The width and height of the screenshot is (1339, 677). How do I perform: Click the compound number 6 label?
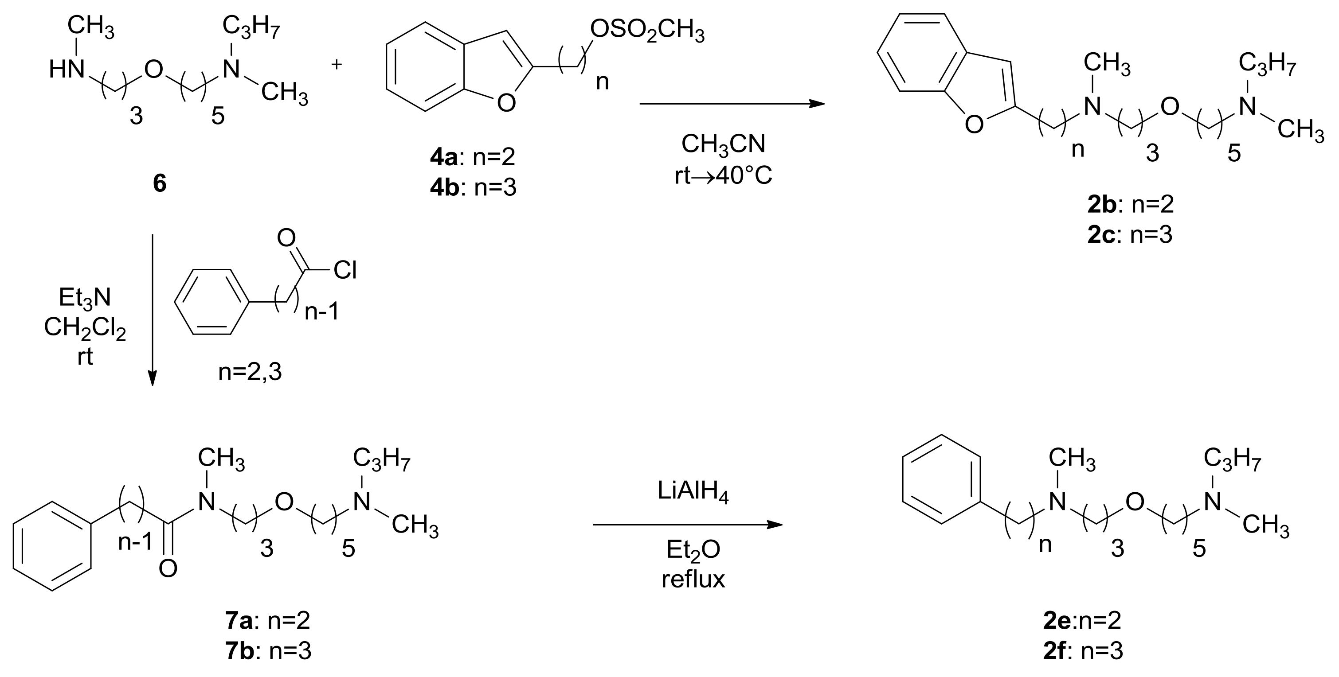coord(160,184)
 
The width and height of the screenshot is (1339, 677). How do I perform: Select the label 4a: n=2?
coord(473,156)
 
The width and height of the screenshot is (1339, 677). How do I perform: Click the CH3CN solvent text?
coord(723,144)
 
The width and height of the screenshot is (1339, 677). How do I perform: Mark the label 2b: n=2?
coord(1131,205)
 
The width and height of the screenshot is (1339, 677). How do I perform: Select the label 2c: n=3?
coord(1130,235)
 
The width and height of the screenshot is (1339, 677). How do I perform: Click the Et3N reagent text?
coord(85,297)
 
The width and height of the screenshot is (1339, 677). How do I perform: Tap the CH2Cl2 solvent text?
coord(85,328)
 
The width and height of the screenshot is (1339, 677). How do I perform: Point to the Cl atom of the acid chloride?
coord(345,270)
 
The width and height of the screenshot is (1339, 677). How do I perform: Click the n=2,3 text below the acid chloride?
coord(250,372)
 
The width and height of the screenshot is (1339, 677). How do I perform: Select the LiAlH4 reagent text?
coord(693,493)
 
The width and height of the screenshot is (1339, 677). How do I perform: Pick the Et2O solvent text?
coord(693,550)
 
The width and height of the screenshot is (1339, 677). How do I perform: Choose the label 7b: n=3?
coord(268,650)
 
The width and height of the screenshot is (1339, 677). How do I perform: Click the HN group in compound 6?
coord(67,69)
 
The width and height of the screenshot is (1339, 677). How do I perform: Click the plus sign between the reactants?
coord(337,64)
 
